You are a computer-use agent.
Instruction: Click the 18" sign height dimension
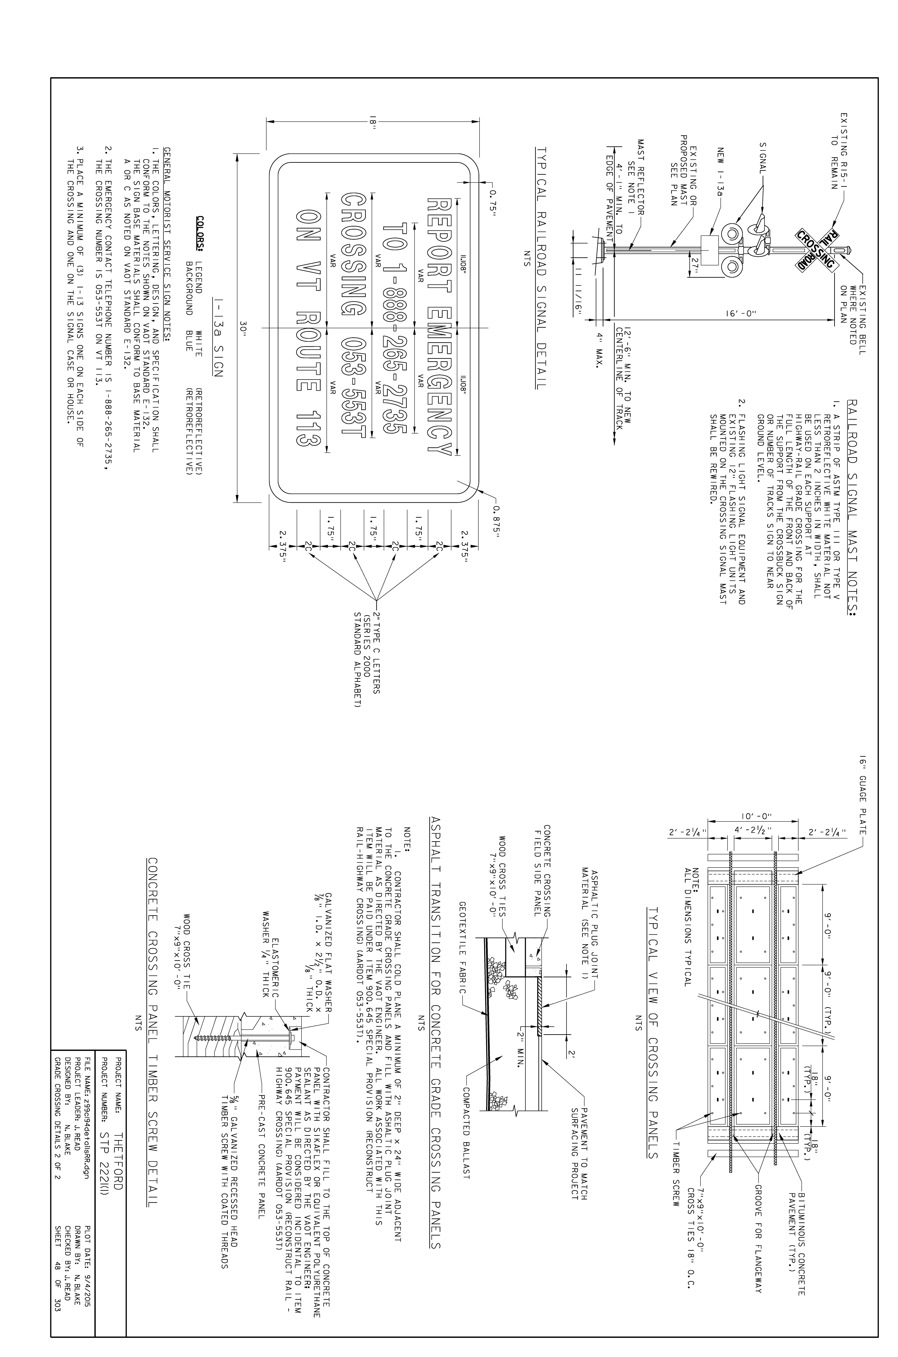click(x=373, y=121)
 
